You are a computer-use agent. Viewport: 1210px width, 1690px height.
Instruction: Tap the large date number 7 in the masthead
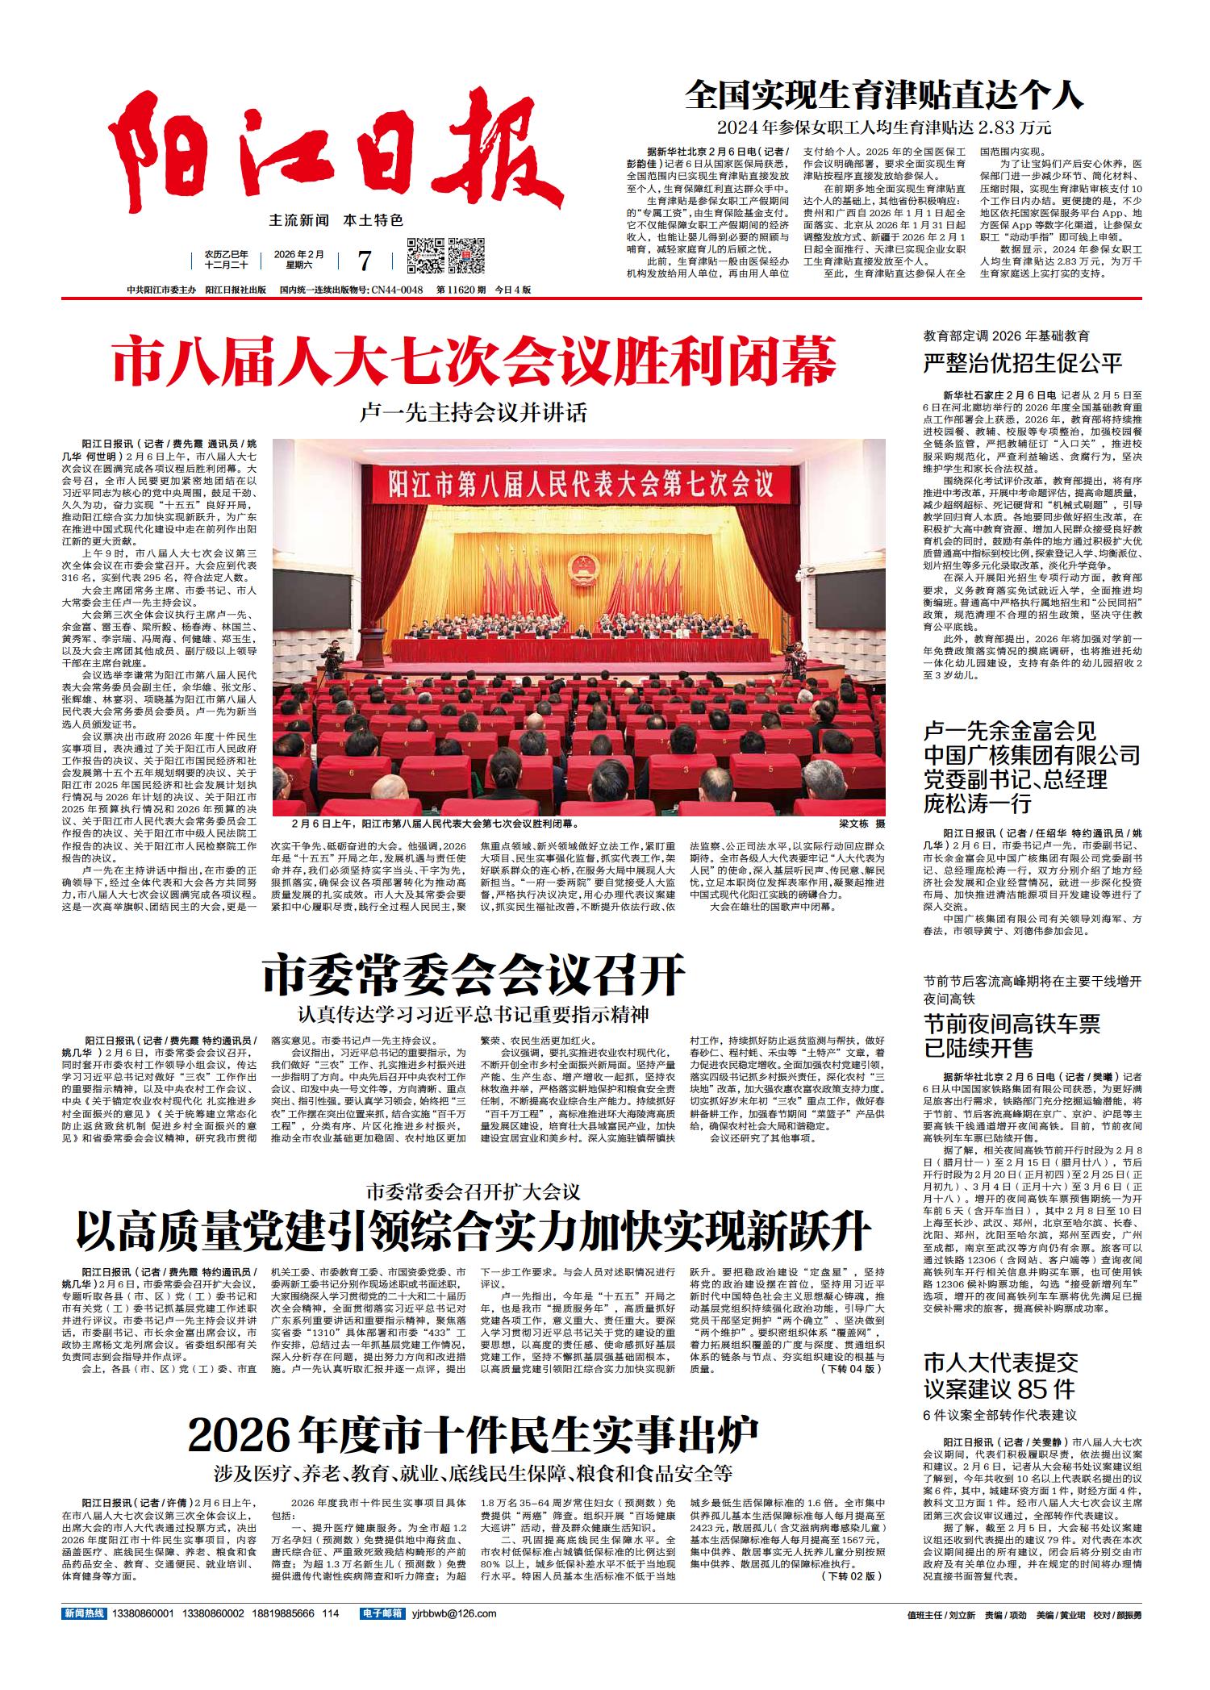point(364,260)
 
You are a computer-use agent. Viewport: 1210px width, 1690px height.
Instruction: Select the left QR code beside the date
point(425,257)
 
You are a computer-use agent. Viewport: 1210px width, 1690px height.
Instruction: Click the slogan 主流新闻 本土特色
point(336,219)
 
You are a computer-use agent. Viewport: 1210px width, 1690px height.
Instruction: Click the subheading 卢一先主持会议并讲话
point(474,413)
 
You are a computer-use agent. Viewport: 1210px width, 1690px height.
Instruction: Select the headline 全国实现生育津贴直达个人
point(883,95)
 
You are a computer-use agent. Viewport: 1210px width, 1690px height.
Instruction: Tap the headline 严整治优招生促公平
point(1023,362)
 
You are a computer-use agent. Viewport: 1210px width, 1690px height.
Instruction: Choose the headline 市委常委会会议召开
point(474,975)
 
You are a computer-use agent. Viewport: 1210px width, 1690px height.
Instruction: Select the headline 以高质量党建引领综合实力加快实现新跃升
point(474,1233)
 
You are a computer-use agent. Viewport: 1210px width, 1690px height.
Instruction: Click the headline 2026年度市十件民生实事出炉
point(474,1433)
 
